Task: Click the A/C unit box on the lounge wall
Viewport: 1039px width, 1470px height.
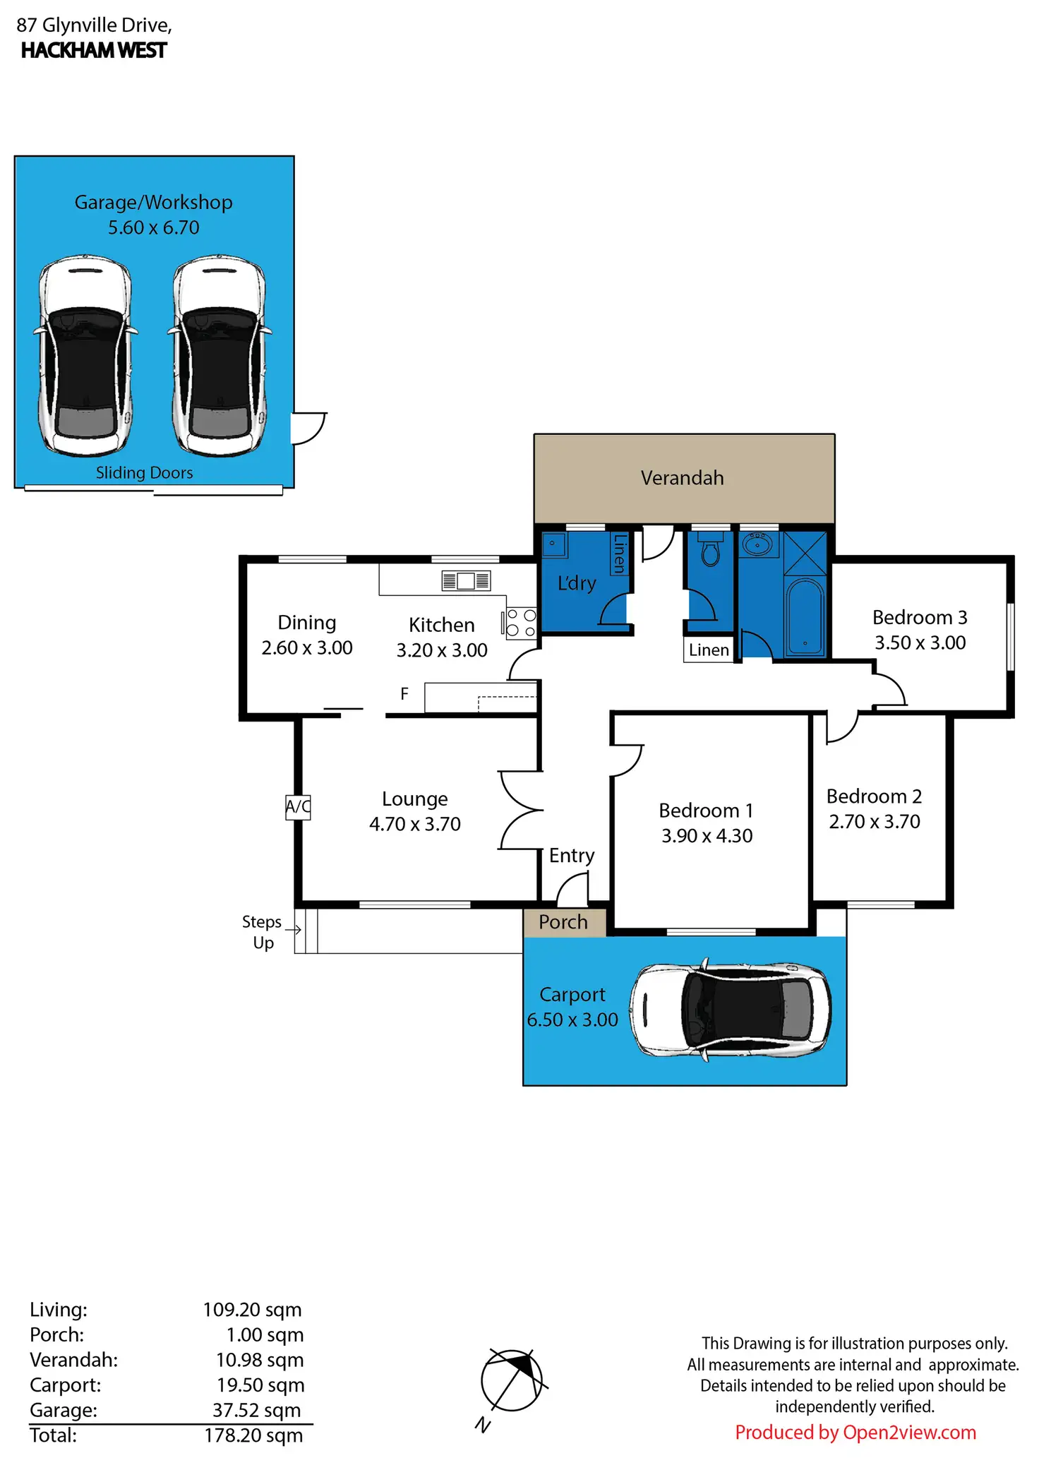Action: tap(298, 806)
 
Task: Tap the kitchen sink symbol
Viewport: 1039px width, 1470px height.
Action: tap(466, 580)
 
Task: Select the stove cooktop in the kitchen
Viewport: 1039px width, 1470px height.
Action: tap(521, 623)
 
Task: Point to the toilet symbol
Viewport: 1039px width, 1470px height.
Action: tap(711, 551)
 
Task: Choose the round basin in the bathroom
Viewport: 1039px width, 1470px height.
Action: tap(758, 544)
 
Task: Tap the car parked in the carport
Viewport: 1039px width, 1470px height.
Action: tap(730, 1010)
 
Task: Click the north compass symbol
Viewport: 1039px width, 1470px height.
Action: tap(512, 1381)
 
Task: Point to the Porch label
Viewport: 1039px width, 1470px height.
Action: tap(563, 921)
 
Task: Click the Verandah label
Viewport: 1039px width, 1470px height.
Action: tap(682, 478)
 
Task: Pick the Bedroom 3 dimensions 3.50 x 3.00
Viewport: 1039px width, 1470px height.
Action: tap(920, 643)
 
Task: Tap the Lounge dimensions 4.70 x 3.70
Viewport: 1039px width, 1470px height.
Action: tap(414, 824)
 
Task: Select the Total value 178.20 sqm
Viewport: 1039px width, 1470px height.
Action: tap(253, 1435)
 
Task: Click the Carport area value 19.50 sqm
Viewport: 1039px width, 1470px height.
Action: tap(260, 1385)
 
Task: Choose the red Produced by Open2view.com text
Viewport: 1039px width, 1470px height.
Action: tap(855, 1432)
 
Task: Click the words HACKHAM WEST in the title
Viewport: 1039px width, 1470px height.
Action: tap(94, 51)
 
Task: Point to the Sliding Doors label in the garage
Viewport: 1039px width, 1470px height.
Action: tap(144, 472)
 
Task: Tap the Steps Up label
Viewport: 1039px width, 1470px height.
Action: tap(263, 932)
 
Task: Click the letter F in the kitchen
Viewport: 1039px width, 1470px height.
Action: tap(404, 694)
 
